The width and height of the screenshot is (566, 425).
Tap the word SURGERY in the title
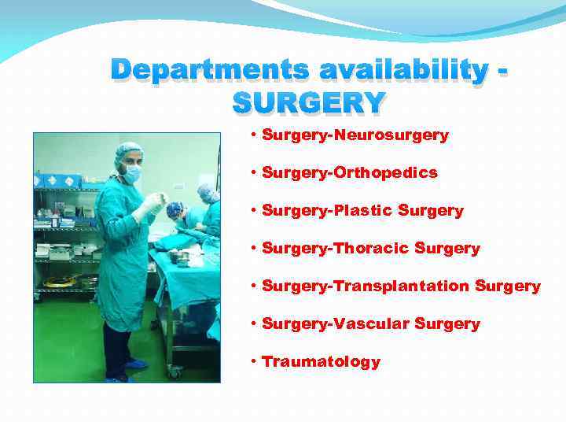pos(309,102)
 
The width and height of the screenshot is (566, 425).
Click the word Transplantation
pos(402,286)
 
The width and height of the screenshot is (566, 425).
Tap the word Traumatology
pos(321,362)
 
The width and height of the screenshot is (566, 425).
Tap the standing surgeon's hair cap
pos(128,150)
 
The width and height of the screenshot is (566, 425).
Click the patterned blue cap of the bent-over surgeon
pos(175,209)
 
